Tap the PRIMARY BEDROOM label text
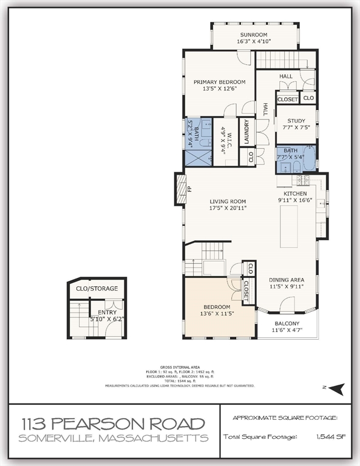(219, 82)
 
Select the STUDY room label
(296, 121)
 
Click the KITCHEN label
(296, 194)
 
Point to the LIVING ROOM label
(228, 201)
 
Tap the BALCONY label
(287, 323)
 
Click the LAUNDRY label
(247, 132)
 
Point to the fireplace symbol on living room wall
(180, 189)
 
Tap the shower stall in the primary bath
(197, 157)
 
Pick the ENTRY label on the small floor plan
(107, 312)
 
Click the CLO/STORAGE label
(97, 288)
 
